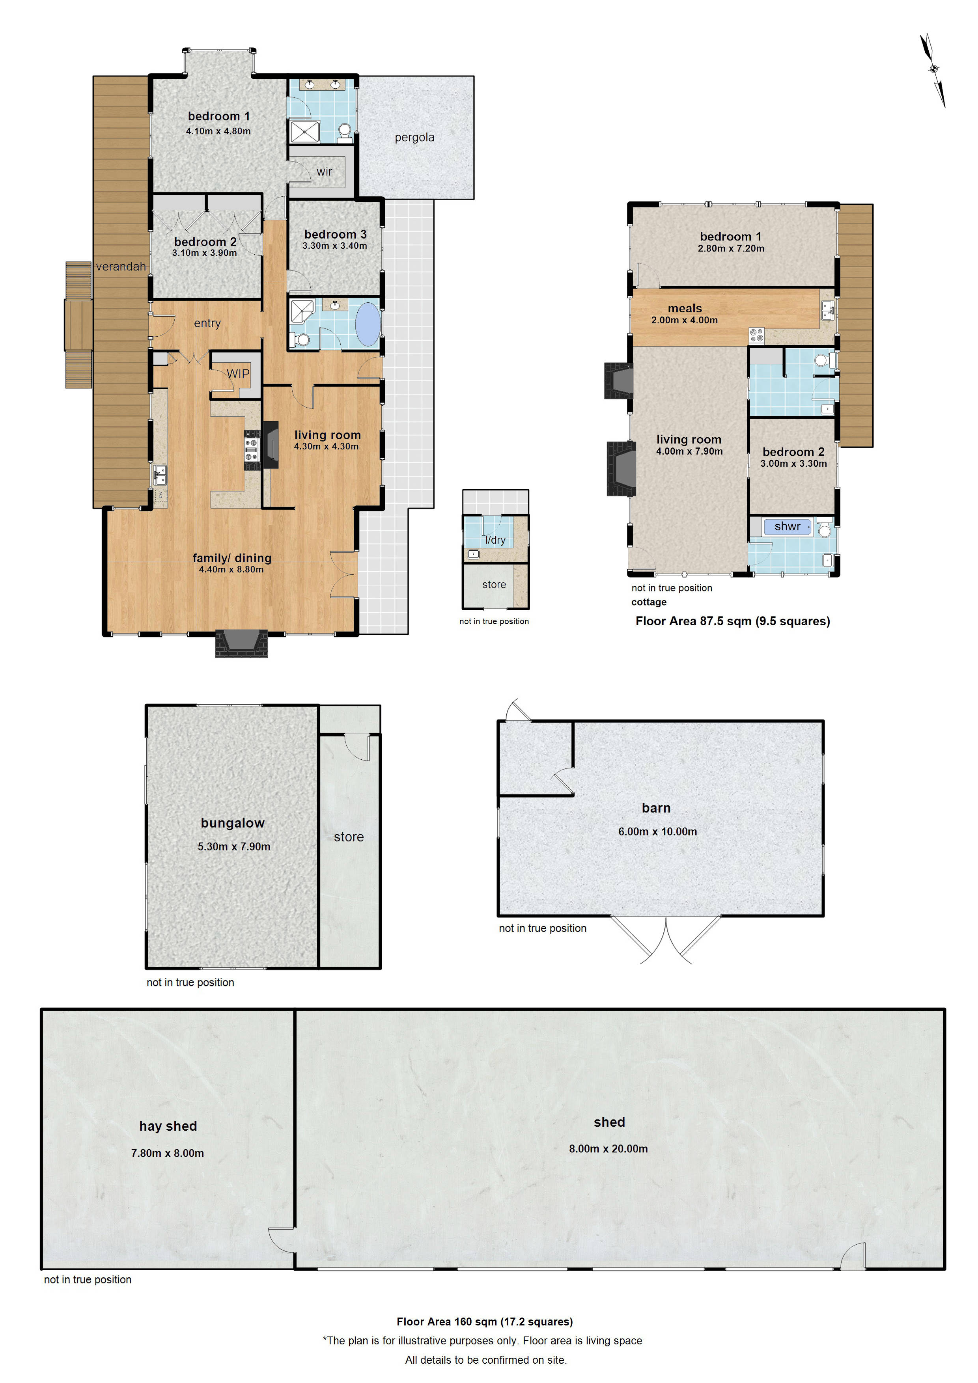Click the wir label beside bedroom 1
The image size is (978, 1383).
coord(324,171)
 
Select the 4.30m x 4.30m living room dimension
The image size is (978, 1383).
coord(326,446)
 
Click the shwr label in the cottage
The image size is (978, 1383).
coord(787,526)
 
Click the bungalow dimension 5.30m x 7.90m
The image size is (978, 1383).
coord(234,846)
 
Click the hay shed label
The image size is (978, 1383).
coord(168,1126)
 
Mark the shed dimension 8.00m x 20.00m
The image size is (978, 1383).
coord(608,1149)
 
